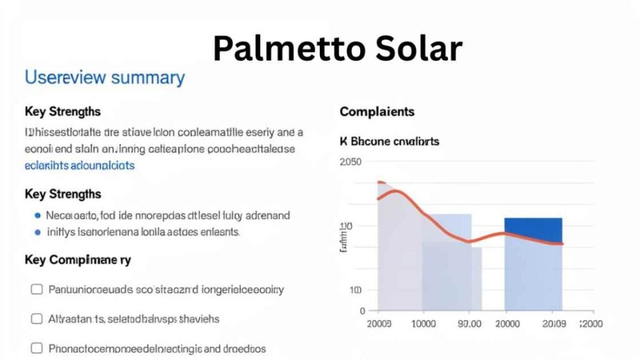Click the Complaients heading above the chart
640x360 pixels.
point(377,112)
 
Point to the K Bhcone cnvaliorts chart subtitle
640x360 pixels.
point(389,141)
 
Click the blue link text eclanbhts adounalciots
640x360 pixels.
point(79,166)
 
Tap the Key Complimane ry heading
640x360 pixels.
point(77,260)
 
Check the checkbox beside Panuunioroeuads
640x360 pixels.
point(37,289)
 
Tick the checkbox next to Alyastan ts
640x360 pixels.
point(37,319)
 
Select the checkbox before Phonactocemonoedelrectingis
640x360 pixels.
point(37,348)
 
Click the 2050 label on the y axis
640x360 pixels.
point(350,162)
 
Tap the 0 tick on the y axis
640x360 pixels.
point(362,311)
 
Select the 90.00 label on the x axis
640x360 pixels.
point(469,324)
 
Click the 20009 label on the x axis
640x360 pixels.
point(555,324)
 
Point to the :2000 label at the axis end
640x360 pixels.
point(591,324)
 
